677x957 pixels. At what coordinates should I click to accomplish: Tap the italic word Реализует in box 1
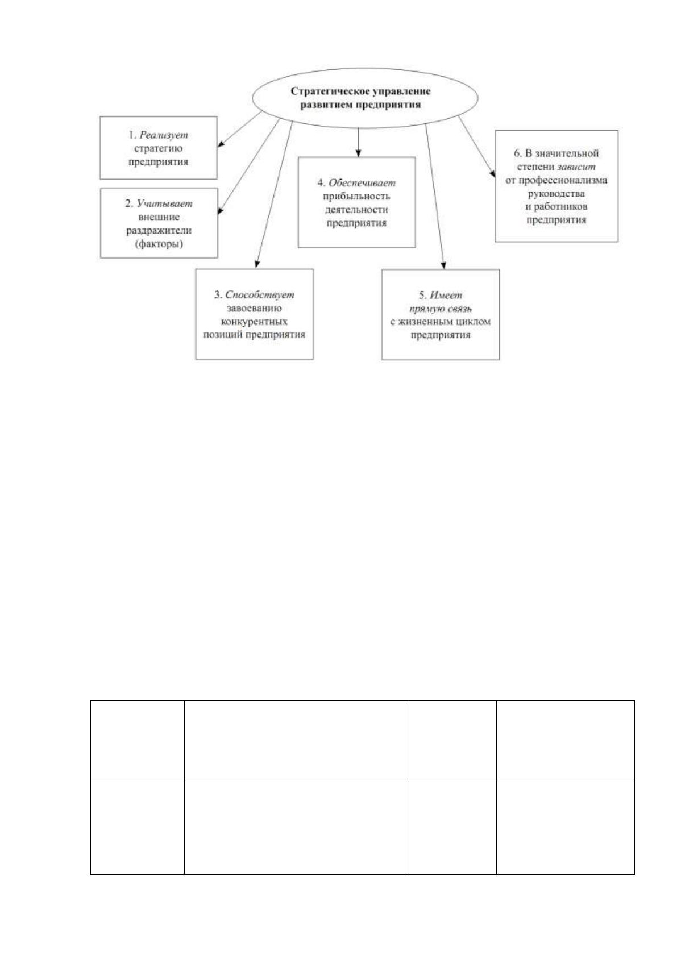click(164, 135)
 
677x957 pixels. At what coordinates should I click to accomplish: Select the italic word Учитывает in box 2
click(164, 203)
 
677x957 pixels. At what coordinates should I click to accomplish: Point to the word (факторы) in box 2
click(159, 244)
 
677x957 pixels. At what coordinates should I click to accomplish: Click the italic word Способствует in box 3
click(260, 295)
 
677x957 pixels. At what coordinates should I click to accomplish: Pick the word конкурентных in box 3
click(254, 321)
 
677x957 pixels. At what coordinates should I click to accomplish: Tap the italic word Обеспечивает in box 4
click(362, 183)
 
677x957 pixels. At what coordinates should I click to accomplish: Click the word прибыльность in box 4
click(356, 197)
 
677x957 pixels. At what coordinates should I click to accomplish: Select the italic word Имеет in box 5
click(446, 295)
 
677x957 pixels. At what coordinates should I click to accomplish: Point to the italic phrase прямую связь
click(441, 309)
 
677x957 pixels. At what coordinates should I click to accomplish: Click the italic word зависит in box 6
click(576, 167)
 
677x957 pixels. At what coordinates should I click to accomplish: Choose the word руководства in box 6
click(556, 194)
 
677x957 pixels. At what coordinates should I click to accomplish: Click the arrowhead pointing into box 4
click(358, 153)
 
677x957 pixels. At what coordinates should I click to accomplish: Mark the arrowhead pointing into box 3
click(257, 264)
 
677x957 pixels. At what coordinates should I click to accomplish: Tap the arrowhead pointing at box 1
click(221, 144)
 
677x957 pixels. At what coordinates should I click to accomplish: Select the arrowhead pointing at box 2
click(221, 211)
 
